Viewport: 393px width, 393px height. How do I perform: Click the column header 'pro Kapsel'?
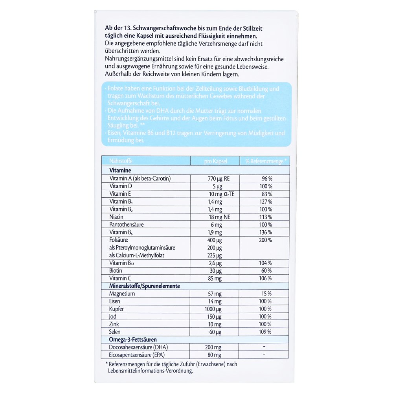215,161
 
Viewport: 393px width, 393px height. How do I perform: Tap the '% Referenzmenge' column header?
266,161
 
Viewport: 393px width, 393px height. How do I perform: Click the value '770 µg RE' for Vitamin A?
219,178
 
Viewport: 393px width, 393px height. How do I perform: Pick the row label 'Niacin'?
116,217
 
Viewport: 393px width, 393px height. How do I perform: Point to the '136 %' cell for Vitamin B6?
266,232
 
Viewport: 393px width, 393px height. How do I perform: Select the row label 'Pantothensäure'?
127,224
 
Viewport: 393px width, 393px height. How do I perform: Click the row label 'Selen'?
116,332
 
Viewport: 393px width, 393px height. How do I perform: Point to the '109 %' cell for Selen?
266,332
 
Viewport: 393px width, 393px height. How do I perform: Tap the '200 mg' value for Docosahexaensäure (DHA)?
213,347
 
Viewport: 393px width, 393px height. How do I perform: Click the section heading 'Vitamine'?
120,171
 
